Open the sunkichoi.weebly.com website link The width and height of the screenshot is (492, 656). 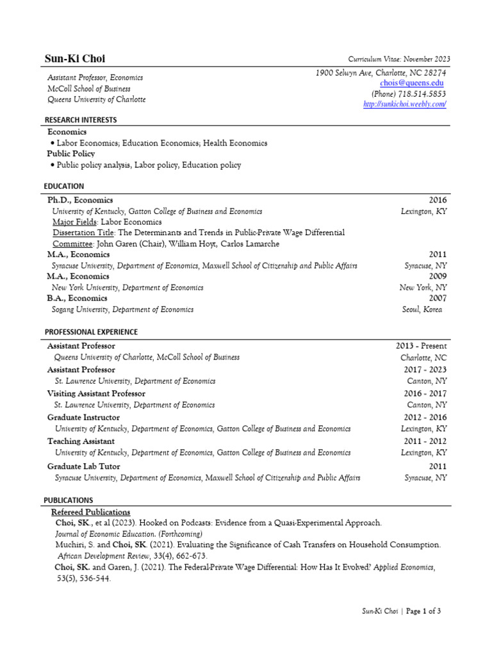[404, 104]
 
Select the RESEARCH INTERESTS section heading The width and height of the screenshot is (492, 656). [80, 120]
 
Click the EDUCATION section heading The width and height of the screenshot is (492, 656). [64, 186]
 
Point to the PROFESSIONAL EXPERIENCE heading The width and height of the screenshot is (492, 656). [90, 332]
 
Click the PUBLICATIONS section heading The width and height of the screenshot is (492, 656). [68, 500]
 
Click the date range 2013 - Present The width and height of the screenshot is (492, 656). [421, 346]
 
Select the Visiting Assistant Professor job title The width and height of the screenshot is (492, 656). [96, 393]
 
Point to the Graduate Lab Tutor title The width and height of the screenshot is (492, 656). [83, 466]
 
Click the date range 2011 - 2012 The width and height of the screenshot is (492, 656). [425, 441]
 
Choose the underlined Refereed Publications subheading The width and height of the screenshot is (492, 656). [90, 512]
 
